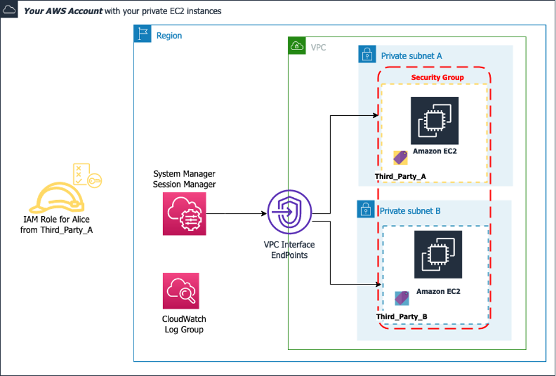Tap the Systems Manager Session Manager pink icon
[x=184, y=214]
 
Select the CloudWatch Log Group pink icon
[x=181, y=291]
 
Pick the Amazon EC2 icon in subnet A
[x=434, y=120]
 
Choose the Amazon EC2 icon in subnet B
[x=438, y=254]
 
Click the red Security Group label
[x=437, y=77]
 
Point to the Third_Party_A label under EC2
[x=400, y=176]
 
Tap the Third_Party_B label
[x=402, y=316]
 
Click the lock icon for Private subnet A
[x=367, y=55]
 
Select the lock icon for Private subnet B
[x=366, y=209]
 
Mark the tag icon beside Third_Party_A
[x=401, y=158]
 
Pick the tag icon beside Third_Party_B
[x=402, y=297]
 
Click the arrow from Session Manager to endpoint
[x=236, y=214]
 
